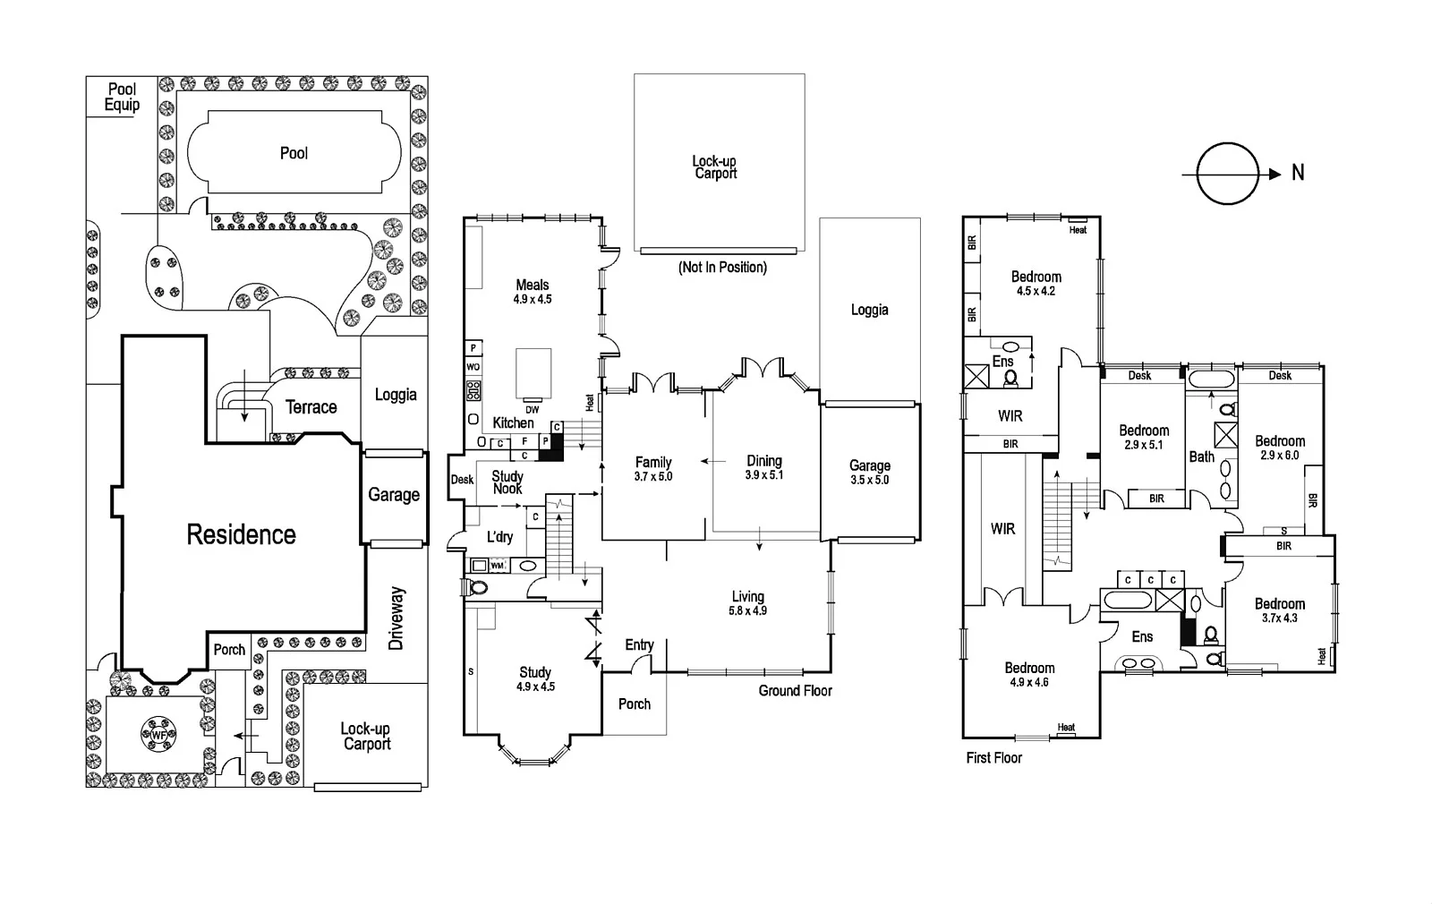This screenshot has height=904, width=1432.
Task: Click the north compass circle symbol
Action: (x=1227, y=174)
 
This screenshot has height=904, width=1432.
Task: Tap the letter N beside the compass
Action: (x=1298, y=173)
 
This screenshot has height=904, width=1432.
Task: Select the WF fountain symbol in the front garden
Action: (x=159, y=735)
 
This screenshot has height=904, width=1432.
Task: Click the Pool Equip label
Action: (x=122, y=97)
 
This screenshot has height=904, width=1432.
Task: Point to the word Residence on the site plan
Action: (x=241, y=534)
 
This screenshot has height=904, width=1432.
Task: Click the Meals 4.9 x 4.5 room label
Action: (x=533, y=292)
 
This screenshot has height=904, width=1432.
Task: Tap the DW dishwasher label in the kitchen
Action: (x=533, y=410)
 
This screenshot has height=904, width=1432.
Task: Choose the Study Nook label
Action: (x=507, y=482)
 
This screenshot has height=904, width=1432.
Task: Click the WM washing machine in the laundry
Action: (x=498, y=566)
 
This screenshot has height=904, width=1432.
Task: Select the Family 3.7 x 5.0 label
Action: (x=653, y=469)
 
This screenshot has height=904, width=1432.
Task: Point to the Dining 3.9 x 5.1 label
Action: (x=764, y=467)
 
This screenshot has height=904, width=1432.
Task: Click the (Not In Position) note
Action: (x=722, y=267)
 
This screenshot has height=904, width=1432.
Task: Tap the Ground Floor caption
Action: (x=795, y=690)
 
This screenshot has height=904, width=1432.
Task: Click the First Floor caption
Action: (x=993, y=757)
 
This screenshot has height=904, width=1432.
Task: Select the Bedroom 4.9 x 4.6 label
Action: (x=1029, y=674)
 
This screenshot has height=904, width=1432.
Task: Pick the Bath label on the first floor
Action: (x=1201, y=456)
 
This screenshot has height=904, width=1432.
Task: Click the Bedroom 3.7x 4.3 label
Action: (x=1280, y=610)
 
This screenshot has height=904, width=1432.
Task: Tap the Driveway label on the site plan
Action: (x=397, y=618)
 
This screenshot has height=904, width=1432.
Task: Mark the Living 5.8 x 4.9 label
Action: (x=747, y=603)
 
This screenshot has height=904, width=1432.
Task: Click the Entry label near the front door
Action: (x=639, y=644)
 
